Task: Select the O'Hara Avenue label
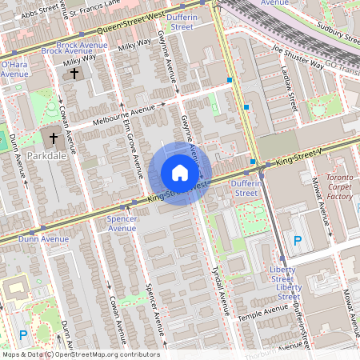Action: [x=15, y=68]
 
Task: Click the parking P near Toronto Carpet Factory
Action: [x=298, y=240]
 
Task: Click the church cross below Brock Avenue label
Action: [x=74, y=74]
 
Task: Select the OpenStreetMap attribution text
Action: [x=81, y=354]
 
